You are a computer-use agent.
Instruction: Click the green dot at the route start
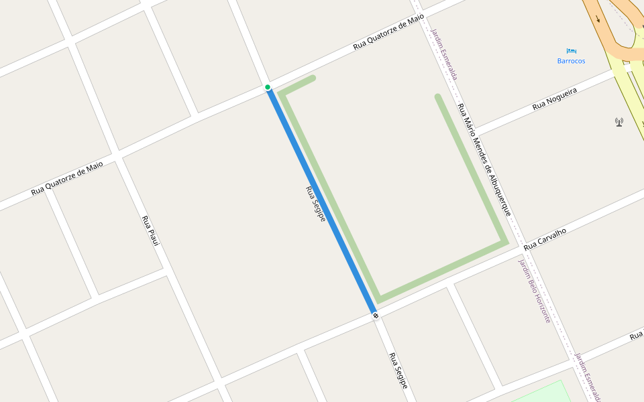(268, 87)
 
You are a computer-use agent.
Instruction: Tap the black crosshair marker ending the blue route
(376, 315)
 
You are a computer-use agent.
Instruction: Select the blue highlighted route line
(322, 201)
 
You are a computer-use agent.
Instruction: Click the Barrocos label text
(571, 61)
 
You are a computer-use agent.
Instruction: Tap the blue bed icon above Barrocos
(571, 50)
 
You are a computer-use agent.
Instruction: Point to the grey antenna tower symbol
(619, 122)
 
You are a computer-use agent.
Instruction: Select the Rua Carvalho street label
(545, 240)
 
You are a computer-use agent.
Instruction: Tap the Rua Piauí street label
(150, 230)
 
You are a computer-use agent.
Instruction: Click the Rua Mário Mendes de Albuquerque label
(484, 159)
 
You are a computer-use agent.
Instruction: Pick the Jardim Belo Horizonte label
(534, 291)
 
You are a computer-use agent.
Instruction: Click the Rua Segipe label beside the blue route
(315, 204)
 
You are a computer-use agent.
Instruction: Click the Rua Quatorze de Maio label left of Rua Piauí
(67, 178)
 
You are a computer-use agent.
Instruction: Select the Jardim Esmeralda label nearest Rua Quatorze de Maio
(444, 54)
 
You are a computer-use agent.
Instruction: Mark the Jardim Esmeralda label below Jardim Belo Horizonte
(588, 377)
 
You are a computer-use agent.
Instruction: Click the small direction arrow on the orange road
(598, 18)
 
